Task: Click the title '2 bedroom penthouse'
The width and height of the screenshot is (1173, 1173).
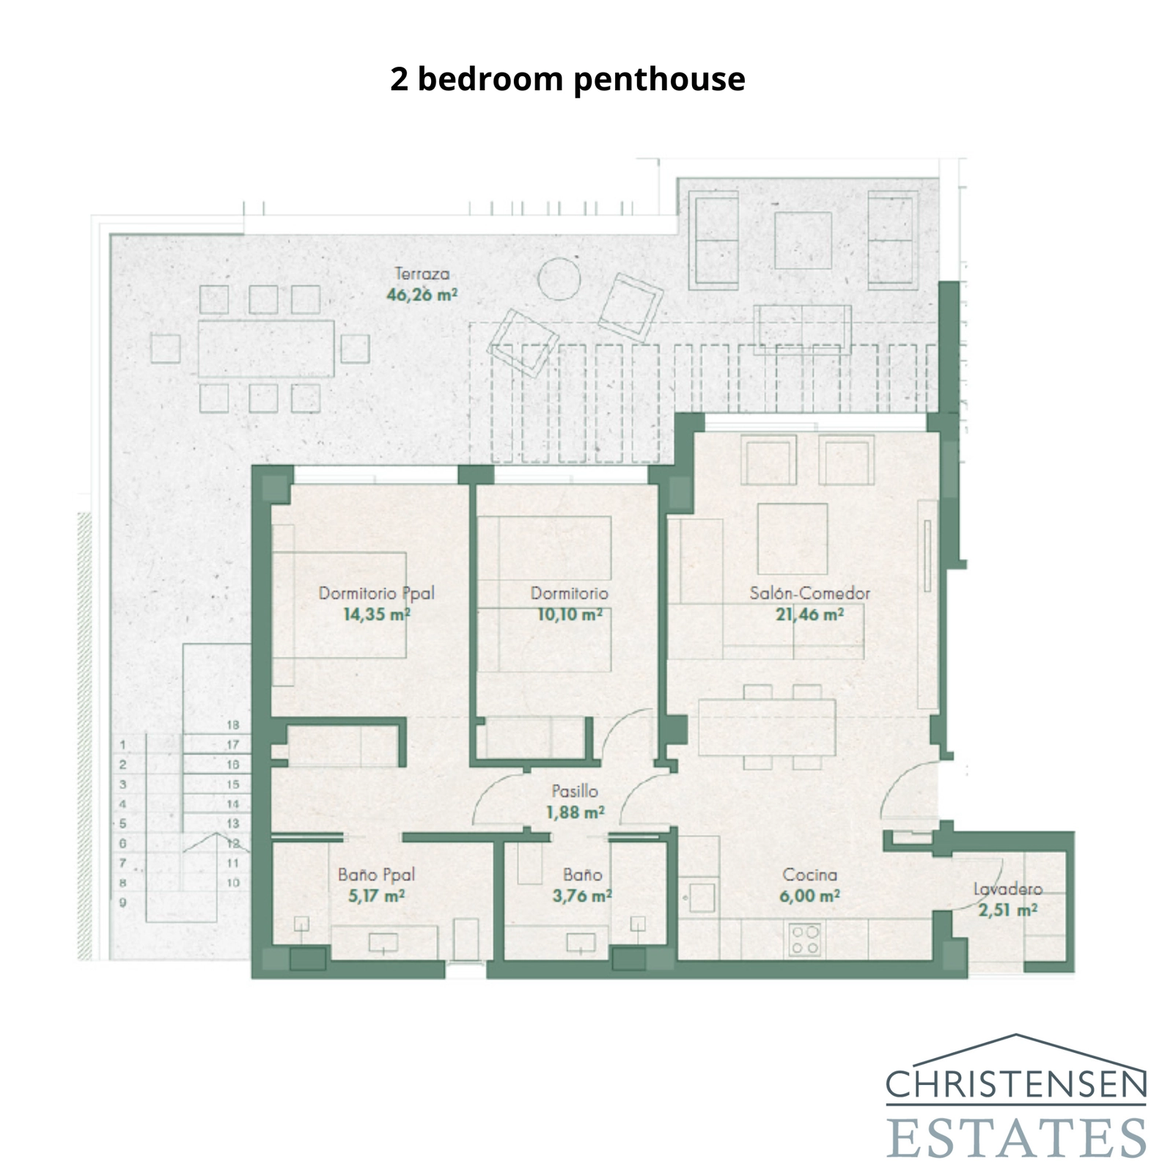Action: [x=567, y=79]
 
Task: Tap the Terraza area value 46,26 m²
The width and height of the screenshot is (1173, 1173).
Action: [x=422, y=295]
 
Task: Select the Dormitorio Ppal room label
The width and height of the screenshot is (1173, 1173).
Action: [x=376, y=593]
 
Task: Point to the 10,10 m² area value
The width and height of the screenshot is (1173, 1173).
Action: [x=570, y=615]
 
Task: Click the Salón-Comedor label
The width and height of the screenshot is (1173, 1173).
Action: [x=809, y=593]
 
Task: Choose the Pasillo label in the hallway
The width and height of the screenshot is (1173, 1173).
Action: [x=575, y=791]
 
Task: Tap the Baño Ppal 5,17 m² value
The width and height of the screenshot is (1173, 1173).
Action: [x=376, y=896]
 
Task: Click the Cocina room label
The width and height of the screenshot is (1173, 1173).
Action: [x=809, y=875]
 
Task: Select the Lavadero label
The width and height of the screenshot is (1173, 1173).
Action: [x=1007, y=889]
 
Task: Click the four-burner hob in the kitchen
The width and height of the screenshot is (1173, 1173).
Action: [x=805, y=941]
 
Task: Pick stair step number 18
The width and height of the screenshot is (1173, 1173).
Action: [x=232, y=725]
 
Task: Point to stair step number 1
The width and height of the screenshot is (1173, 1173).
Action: [x=123, y=745]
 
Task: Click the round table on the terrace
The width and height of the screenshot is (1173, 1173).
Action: [x=559, y=279]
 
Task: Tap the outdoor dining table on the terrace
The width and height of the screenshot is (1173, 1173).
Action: [x=265, y=348]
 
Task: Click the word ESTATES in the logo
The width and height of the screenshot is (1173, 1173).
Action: [x=1016, y=1138]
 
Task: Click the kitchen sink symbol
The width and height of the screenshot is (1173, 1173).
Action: [x=702, y=897]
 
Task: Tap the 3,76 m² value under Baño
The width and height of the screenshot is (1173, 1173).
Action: [x=582, y=896]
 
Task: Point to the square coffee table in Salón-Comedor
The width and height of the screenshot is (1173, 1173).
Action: [x=792, y=538]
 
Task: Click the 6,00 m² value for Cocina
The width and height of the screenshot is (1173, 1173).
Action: [x=809, y=896]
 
